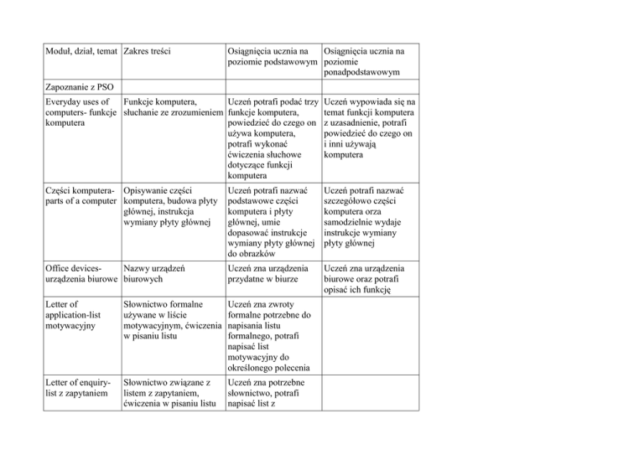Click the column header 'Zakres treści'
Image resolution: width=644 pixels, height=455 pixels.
click(148, 52)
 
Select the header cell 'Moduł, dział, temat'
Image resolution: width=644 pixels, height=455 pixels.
click(79, 52)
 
